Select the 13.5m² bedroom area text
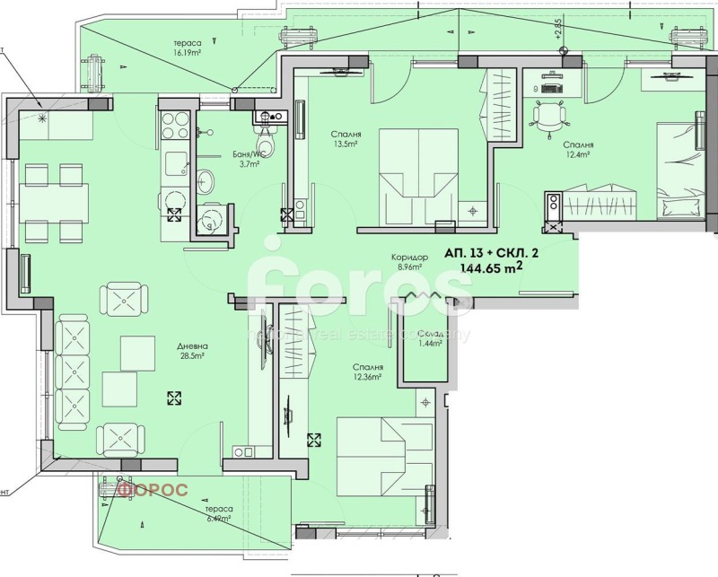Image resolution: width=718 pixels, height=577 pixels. [x=345, y=144]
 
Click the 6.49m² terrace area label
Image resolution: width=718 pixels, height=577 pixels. [x=216, y=518]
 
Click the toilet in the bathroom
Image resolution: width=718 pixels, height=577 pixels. [x=266, y=142]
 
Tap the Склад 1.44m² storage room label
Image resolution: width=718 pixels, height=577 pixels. [x=428, y=337]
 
